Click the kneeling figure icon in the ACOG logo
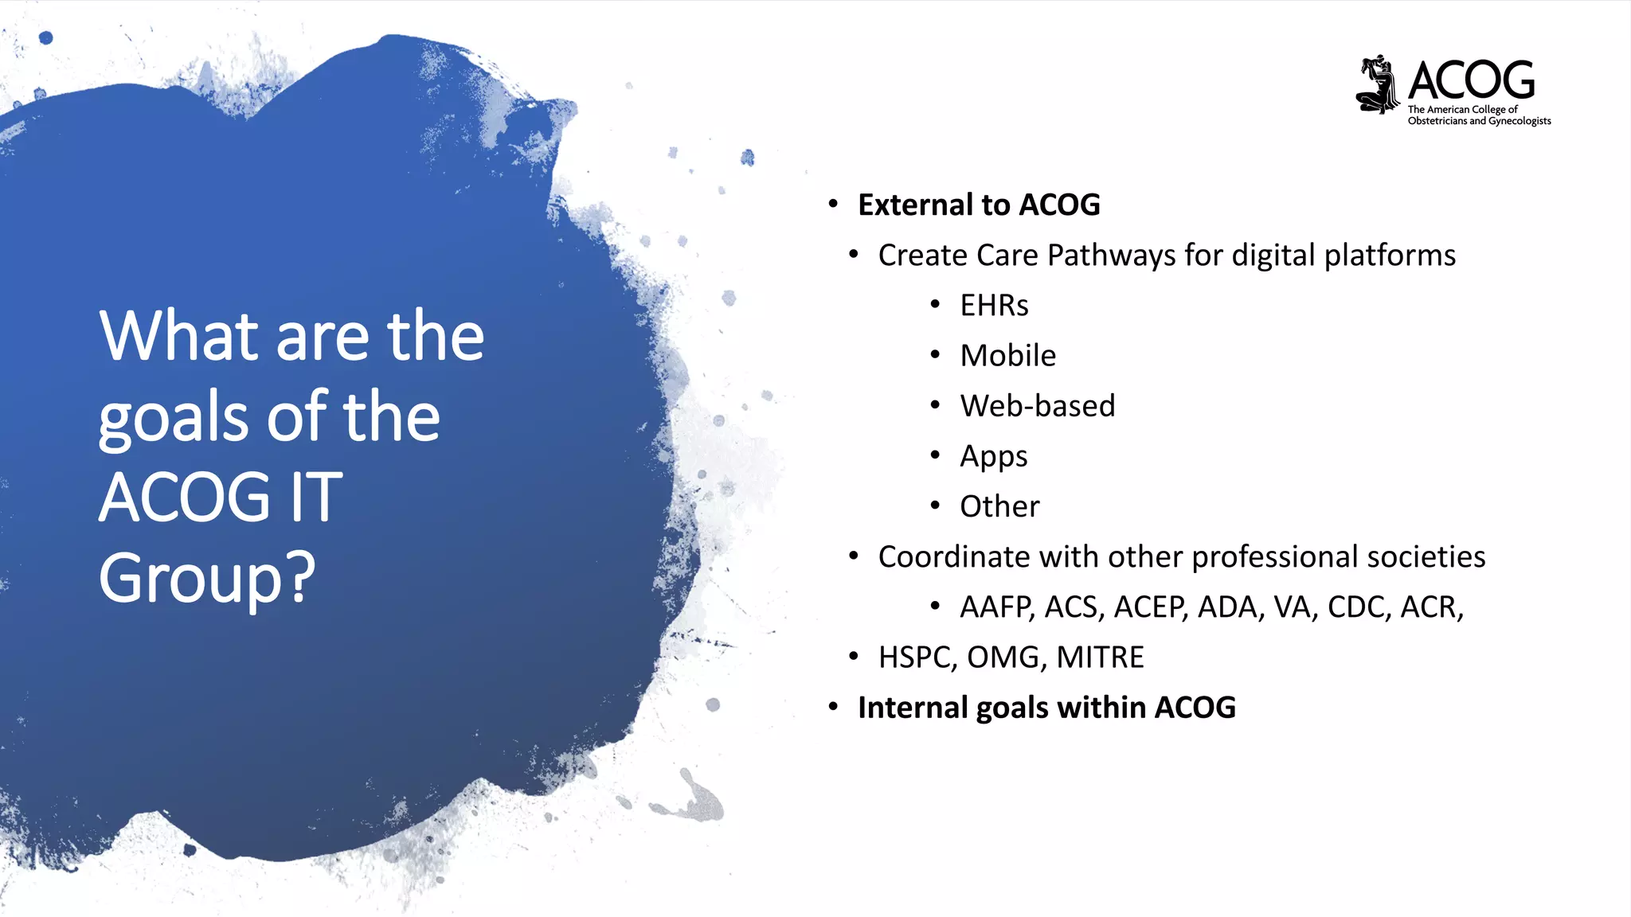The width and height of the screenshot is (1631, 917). (x=1378, y=84)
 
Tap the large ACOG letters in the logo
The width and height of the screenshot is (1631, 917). (x=1471, y=80)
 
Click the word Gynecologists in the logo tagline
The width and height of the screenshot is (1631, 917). (x=1520, y=121)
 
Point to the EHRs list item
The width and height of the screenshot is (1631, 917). (x=994, y=306)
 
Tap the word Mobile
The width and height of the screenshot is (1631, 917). (x=1007, y=356)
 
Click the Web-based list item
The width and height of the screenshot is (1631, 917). (x=1037, y=406)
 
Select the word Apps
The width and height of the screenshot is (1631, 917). (x=993, y=457)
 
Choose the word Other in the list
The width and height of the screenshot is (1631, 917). (x=999, y=506)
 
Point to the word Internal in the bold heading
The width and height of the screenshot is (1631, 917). (x=913, y=708)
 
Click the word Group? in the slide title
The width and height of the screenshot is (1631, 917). (x=207, y=578)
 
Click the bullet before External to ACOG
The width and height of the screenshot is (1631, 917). (x=833, y=205)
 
